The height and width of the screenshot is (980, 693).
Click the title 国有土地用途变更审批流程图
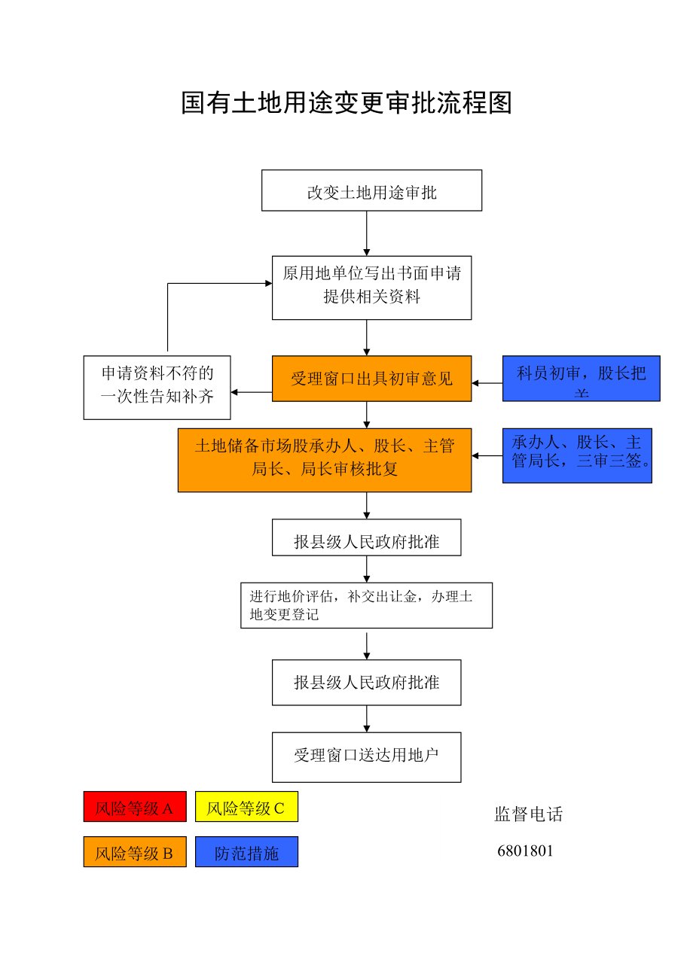346,103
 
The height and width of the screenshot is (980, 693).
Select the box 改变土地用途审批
371,191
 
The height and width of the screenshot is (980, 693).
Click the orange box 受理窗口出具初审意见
371,379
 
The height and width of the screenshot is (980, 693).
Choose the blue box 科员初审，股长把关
581,378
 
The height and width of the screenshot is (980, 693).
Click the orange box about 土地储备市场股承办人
325,460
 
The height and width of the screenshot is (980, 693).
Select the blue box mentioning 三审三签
577,455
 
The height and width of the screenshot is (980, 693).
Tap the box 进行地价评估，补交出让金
366,605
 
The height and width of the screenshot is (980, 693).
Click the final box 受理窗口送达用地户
366,756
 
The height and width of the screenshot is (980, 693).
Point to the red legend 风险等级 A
135,807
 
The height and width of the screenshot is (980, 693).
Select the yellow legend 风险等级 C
246,807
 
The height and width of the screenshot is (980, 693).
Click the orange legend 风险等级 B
135,852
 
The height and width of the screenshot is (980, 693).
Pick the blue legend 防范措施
246,852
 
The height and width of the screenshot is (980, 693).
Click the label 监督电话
528,814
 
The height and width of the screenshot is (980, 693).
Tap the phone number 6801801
525,851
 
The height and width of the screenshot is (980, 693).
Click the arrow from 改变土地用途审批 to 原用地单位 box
367,233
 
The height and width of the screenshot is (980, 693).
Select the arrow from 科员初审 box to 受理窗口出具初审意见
487,383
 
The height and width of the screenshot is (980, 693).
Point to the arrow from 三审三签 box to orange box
487,455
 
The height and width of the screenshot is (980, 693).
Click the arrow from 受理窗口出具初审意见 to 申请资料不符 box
251,392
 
